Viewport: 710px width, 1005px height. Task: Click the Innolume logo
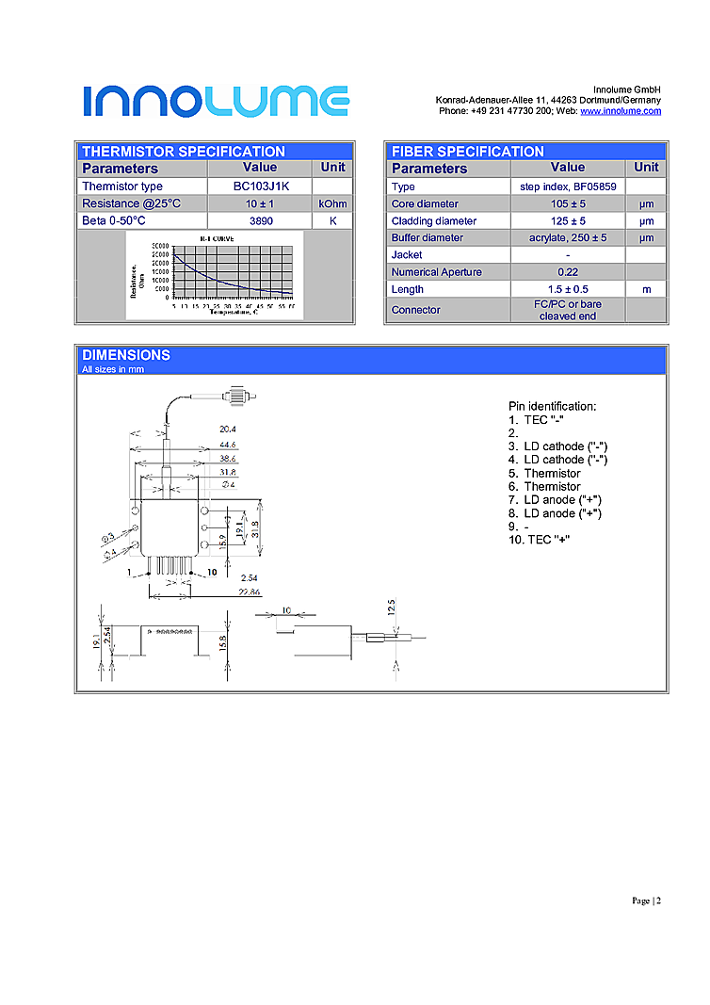pyautogui.click(x=216, y=101)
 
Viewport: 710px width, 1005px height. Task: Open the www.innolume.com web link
pyautogui.click(x=620, y=111)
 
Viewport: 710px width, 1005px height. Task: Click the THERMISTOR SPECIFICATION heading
pyautogui.click(x=183, y=151)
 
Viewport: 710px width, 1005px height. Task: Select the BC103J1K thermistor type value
pyautogui.click(x=261, y=186)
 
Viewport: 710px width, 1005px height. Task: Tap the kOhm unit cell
pyautogui.click(x=332, y=203)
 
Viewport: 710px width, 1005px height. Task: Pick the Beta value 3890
pyautogui.click(x=261, y=220)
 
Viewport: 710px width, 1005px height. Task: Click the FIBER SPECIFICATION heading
pyautogui.click(x=467, y=151)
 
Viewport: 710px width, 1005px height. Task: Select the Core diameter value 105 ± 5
pyautogui.click(x=568, y=203)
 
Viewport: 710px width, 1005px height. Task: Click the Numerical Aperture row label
pyautogui.click(x=436, y=272)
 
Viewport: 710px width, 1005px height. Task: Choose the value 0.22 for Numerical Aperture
pyautogui.click(x=568, y=272)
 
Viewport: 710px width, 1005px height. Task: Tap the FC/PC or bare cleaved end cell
pyautogui.click(x=568, y=310)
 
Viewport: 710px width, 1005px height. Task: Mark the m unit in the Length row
pyautogui.click(x=646, y=289)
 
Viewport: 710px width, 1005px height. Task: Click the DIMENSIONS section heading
pyautogui.click(x=126, y=355)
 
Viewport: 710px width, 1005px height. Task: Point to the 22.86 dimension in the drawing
pyautogui.click(x=250, y=592)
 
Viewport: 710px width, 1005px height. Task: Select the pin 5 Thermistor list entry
pyautogui.click(x=545, y=473)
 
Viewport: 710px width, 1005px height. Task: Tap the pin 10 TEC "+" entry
pyautogui.click(x=540, y=539)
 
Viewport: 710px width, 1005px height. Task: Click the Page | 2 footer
pyautogui.click(x=646, y=900)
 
